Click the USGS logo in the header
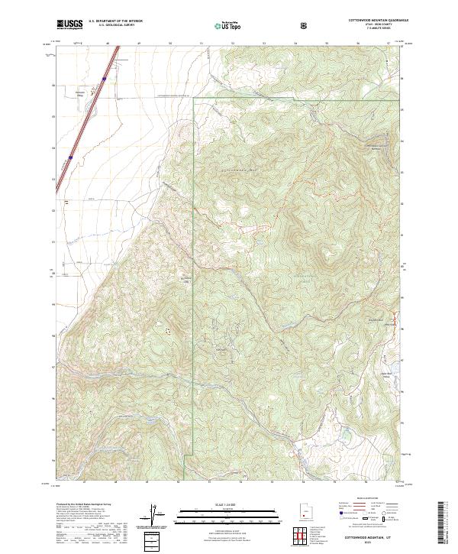[69, 25]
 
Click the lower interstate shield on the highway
[70, 157]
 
